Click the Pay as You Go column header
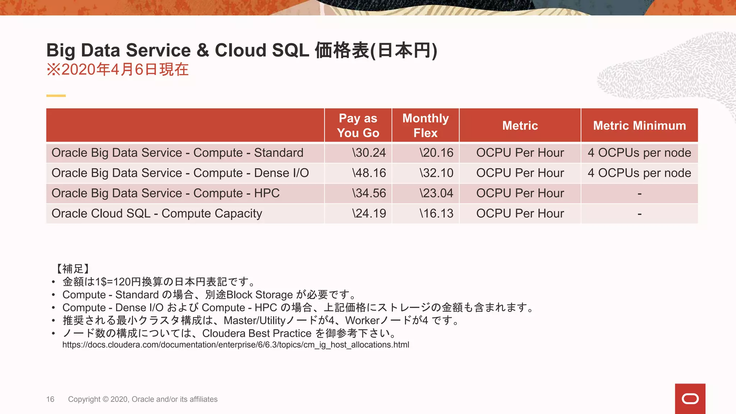358,125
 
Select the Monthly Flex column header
425,125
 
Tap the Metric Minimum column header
639,125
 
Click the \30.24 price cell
369,153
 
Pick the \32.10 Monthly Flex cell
436,173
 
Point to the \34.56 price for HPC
369,193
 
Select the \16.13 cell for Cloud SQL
436,213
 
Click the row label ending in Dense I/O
180,173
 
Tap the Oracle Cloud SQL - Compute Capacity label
157,213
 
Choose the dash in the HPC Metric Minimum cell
639,194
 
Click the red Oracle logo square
690,399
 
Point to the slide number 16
50,399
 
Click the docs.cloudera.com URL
236,345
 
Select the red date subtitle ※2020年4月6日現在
118,69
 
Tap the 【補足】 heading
73,268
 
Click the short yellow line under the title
56,96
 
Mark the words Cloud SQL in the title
262,50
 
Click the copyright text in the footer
143,399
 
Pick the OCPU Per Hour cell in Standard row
520,153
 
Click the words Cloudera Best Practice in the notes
257,333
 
